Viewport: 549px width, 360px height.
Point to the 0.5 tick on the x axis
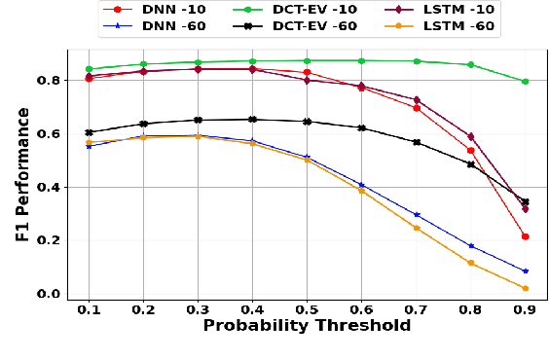coord(307,309)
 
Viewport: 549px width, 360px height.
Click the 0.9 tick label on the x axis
coord(525,309)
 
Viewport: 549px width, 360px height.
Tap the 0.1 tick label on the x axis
coord(89,309)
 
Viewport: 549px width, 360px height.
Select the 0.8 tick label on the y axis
coord(49,80)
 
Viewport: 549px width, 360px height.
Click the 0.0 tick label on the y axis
coord(49,294)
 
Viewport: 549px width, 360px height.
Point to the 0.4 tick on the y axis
coord(49,187)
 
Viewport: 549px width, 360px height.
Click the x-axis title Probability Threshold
coord(307,326)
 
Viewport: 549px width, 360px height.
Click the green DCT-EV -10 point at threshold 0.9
coord(525,82)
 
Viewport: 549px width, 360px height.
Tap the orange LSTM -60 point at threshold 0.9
coord(525,288)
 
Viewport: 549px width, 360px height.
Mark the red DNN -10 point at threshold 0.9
coord(525,236)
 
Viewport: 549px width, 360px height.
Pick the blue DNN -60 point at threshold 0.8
coord(470,246)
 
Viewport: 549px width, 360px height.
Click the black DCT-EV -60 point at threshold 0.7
coord(416,142)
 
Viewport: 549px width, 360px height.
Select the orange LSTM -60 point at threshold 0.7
coord(416,228)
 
